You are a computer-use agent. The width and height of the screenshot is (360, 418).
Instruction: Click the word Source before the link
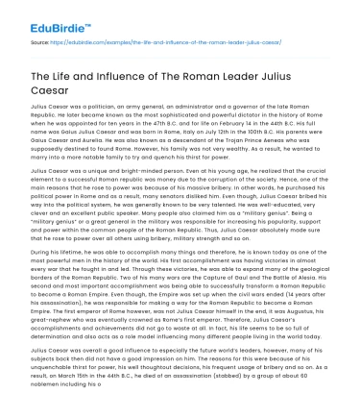(x=40, y=43)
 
